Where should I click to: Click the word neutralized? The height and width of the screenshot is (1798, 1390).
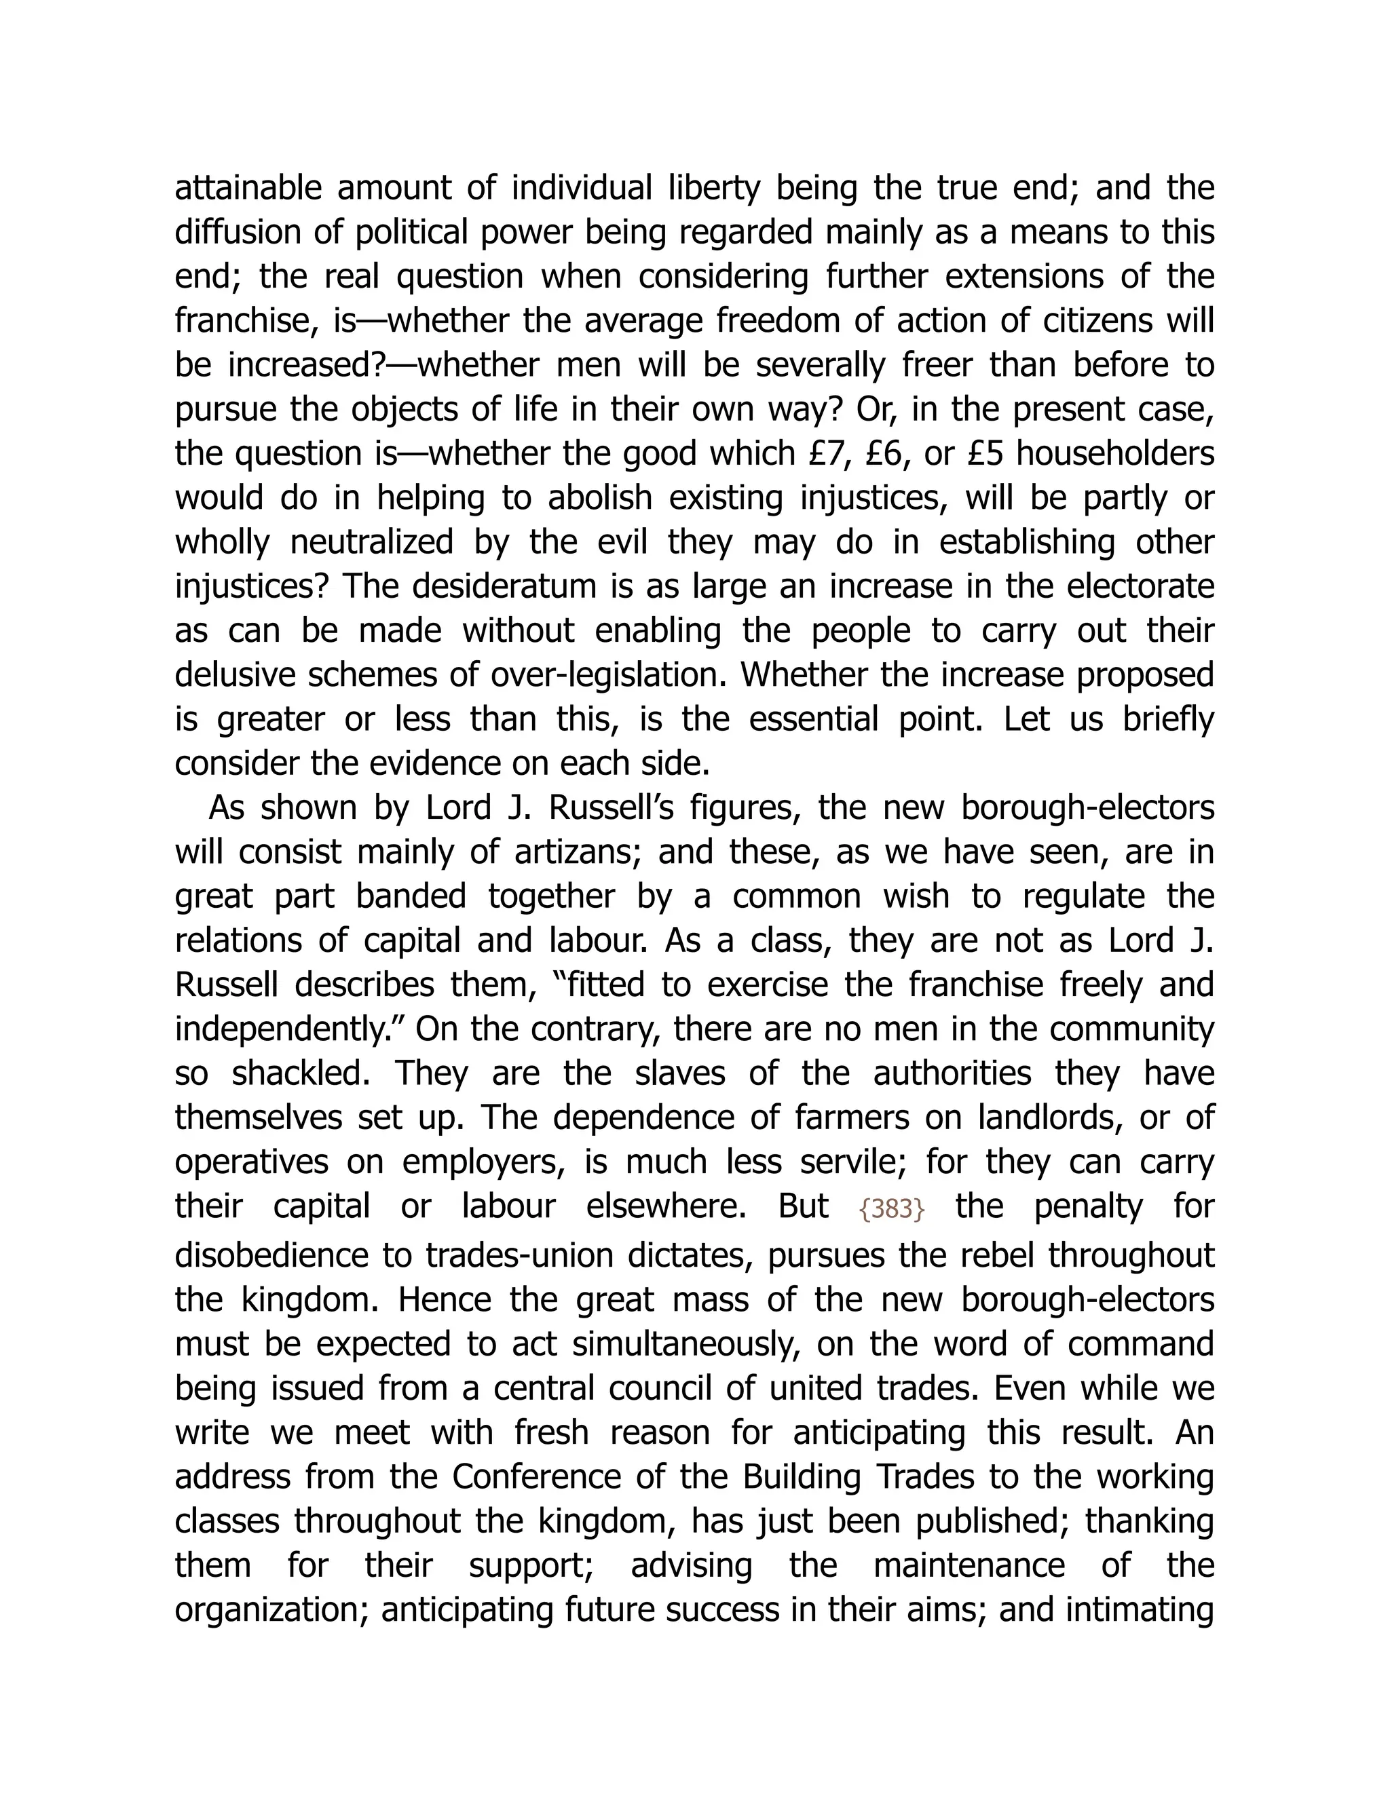(371, 543)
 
